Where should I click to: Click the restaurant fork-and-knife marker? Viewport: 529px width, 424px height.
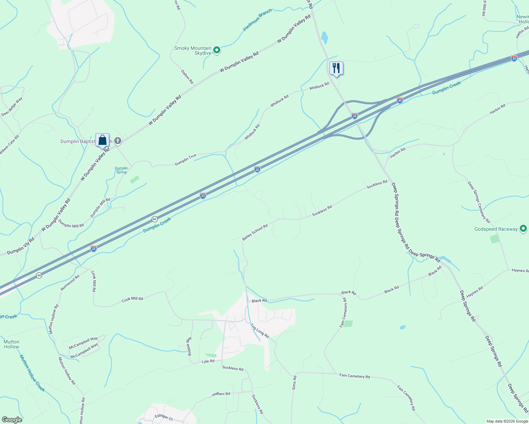pos(336,68)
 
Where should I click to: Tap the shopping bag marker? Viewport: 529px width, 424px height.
pos(102,140)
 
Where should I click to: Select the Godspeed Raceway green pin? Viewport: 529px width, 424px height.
pos(523,229)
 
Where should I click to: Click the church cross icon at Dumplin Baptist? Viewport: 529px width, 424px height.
pos(118,141)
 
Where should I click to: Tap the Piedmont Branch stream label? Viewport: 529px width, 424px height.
pos(257,20)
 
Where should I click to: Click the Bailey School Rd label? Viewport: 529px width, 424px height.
pos(255,232)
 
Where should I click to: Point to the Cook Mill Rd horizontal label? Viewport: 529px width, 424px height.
pos(132,299)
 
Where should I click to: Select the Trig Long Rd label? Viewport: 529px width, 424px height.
pos(260,331)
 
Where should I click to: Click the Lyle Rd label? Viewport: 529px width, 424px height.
pos(208,361)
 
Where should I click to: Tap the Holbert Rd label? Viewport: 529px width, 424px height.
pos(221,394)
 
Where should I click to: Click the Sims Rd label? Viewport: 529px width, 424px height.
pos(295,383)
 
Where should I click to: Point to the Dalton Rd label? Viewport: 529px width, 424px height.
pos(187,77)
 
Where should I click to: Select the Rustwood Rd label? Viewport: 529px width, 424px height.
pos(70,283)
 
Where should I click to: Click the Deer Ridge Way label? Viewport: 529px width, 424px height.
pos(12,107)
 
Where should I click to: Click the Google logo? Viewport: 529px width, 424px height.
pos(12,420)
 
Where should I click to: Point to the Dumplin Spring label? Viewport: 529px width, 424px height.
pos(121,170)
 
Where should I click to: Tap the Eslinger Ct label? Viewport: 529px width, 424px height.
pos(163,418)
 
